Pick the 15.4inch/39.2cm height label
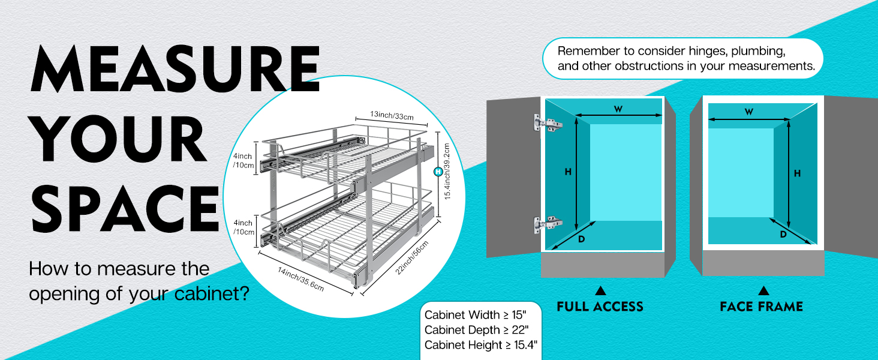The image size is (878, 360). [x=447, y=173]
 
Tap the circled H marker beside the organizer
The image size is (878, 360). [x=438, y=172]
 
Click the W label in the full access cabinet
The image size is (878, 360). [x=618, y=109]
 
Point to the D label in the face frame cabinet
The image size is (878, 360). [x=783, y=235]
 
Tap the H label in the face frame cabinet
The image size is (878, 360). [x=797, y=173]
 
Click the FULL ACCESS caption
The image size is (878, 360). [x=600, y=307]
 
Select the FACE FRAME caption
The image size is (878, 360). [x=761, y=307]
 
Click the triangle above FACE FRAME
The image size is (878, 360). [x=763, y=291]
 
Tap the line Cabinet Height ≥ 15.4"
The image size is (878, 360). [x=480, y=345]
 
